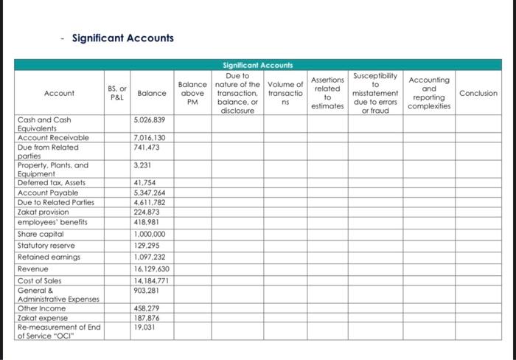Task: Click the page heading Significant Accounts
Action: click(x=122, y=38)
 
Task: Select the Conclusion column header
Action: click(x=478, y=94)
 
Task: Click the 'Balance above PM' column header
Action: click(x=192, y=94)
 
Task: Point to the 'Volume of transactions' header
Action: click(x=285, y=94)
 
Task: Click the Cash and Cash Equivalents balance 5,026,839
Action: click(x=150, y=120)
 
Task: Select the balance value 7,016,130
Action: click(x=150, y=138)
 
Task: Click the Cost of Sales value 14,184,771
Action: click(x=152, y=281)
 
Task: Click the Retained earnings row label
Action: click(x=49, y=257)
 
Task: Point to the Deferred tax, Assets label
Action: click(x=51, y=182)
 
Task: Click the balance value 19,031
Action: click(x=145, y=327)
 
